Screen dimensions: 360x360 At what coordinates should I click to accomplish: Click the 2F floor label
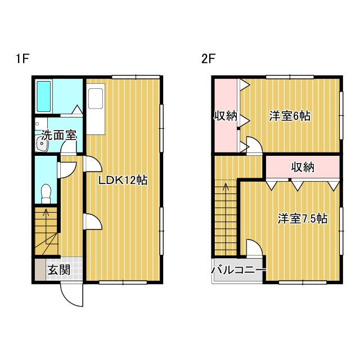[209, 58]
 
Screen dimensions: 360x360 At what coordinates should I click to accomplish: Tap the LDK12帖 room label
[123, 181]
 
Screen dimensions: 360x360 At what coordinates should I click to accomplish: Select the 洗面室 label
[57, 136]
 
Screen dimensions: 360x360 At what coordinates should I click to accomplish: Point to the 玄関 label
[58, 270]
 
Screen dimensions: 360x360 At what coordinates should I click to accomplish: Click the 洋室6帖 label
[290, 116]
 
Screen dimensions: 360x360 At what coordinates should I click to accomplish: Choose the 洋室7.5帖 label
[303, 219]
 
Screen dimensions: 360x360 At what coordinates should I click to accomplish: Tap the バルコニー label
[238, 271]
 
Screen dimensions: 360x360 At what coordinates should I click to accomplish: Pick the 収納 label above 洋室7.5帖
[303, 167]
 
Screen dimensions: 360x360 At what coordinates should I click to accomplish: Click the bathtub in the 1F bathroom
[44, 97]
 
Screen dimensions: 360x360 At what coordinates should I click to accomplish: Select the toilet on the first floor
[47, 192]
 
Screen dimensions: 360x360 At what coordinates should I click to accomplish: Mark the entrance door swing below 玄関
[72, 293]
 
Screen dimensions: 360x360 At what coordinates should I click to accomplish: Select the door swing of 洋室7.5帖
[252, 248]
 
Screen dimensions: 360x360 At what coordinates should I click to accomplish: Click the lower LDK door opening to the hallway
[92, 222]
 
